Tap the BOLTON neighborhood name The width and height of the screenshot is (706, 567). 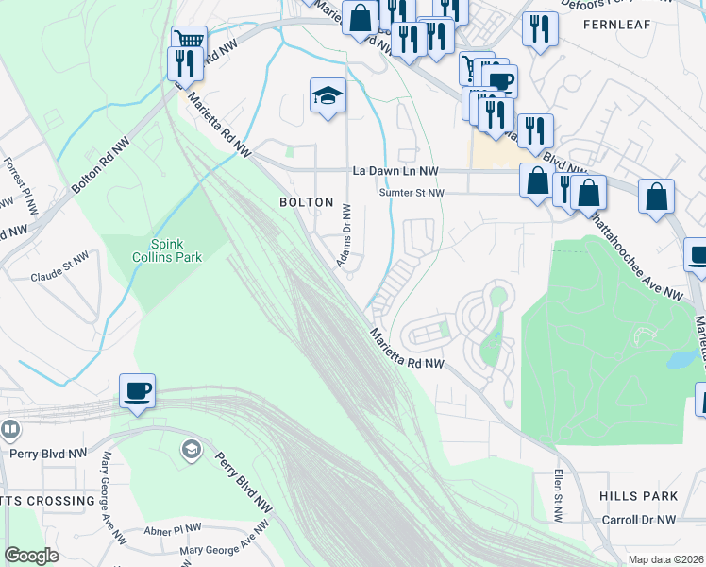(307, 202)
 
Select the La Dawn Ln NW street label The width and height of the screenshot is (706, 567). (395, 171)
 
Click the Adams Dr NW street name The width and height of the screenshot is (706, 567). (345, 235)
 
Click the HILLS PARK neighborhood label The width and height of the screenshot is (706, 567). (638, 496)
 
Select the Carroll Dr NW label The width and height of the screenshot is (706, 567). (639, 520)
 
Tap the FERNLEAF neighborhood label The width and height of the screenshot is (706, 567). (617, 25)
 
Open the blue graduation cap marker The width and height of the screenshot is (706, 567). (328, 95)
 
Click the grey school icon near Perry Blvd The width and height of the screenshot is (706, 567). (192, 448)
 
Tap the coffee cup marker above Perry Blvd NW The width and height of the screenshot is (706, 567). (137, 390)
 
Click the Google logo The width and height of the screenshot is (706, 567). (31, 556)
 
